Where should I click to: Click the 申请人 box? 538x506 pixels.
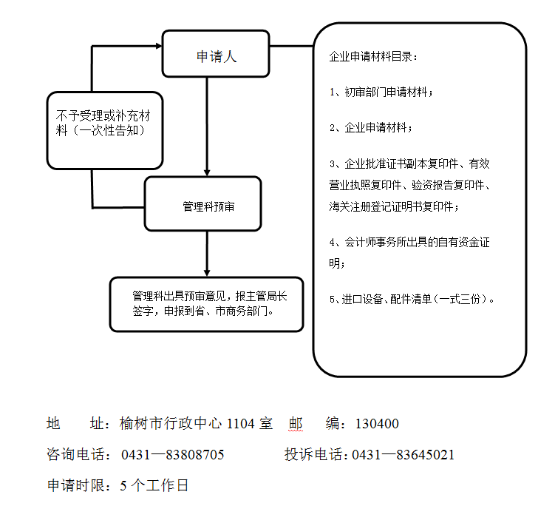coord(216,54)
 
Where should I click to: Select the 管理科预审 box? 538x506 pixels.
coord(202,203)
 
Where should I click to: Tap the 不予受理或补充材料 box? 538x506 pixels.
coord(104,130)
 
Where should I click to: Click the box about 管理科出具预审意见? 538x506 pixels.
coord(206,304)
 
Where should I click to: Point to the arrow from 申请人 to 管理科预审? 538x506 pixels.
coord(207,126)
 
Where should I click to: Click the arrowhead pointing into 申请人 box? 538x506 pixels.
coord(157,46)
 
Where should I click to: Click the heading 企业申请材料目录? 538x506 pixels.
coord(374,57)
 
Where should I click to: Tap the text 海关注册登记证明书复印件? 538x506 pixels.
coord(393,206)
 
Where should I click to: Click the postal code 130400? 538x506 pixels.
coord(377,425)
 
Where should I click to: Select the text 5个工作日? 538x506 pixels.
coord(154,486)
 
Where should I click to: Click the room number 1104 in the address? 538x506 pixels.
coord(241,425)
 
